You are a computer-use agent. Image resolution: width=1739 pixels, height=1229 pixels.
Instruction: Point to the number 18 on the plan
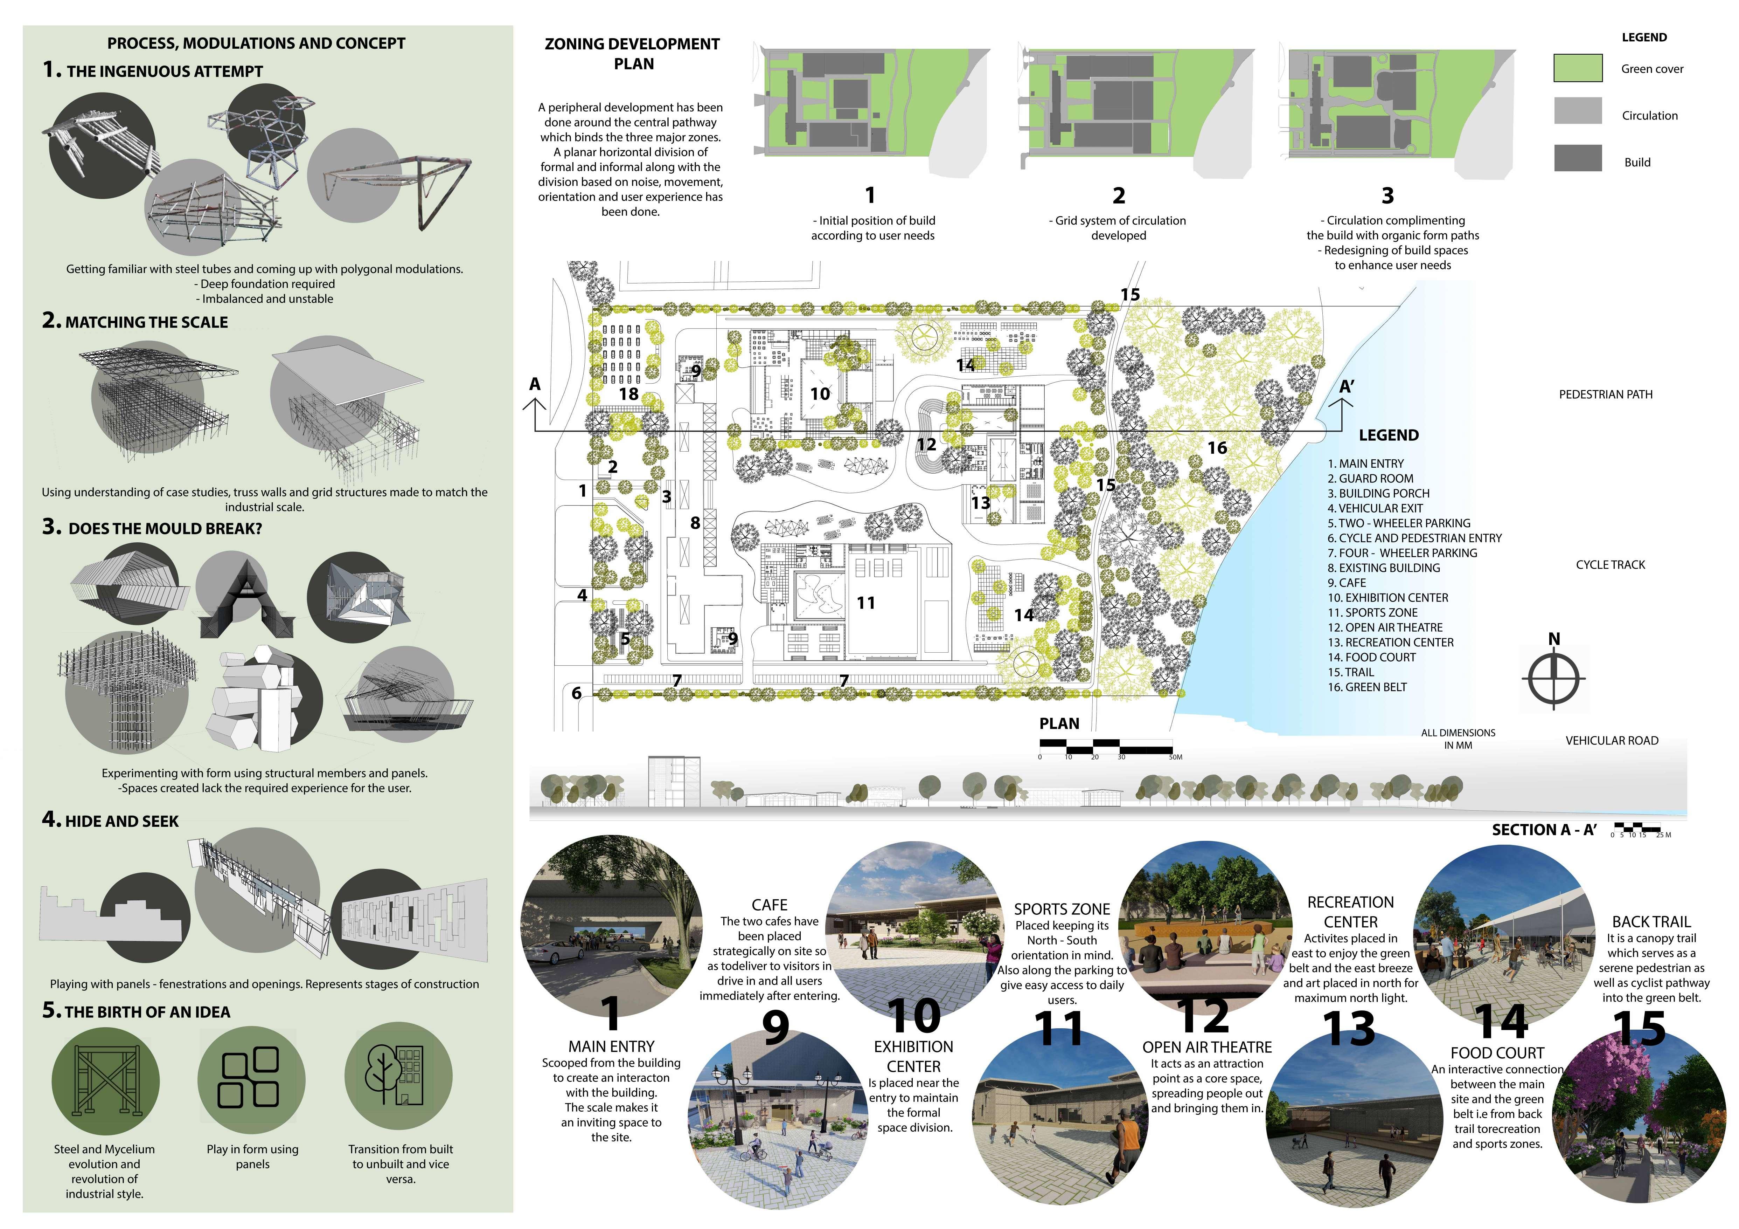pos(629,394)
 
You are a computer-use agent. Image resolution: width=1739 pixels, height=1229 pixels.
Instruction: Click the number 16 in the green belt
pos(1217,448)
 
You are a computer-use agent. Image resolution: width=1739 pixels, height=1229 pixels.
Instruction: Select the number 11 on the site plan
pos(866,603)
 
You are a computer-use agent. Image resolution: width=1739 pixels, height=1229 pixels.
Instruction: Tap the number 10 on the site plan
pos(820,394)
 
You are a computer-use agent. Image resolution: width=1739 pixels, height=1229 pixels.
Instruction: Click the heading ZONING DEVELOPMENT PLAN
pos(632,54)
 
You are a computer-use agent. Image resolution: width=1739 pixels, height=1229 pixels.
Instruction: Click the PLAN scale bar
pos(1106,747)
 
